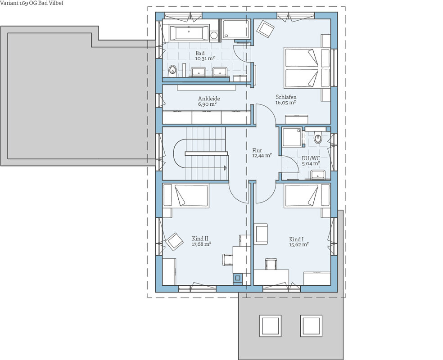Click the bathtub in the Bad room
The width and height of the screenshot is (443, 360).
click(x=189, y=33)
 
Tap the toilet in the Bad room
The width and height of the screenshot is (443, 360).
click(x=172, y=71)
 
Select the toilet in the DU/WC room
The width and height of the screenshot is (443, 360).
click(x=318, y=138)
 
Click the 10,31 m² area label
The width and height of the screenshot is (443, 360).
click(x=205, y=59)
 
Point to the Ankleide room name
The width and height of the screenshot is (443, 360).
click(x=209, y=99)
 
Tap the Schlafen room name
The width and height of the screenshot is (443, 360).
click(x=286, y=97)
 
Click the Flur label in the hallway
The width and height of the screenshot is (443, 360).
click(x=257, y=150)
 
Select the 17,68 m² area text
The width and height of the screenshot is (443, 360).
click(x=202, y=244)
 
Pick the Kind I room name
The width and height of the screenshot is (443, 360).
click(x=296, y=239)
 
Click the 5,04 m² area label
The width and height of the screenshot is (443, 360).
click(x=311, y=163)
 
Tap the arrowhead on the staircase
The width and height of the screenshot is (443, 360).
click(x=225, y=168)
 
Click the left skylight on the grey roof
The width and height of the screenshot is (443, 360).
click(x=271, y=326)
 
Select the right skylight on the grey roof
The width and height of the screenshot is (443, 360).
click(x=311, y=326)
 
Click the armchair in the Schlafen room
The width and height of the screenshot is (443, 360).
click(x=266, y=28)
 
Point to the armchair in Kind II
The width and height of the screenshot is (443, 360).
click(x=174, y=242)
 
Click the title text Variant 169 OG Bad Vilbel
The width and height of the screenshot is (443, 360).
click(x=32, y=3)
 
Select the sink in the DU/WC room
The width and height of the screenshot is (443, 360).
click(x=318, y=175)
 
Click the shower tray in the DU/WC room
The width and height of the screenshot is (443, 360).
click(x=292, y=137)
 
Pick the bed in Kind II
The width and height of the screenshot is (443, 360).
click(x=186, y=196)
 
